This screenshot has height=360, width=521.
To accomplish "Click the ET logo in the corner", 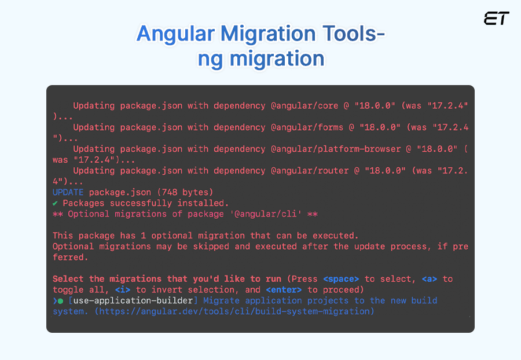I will coord(496,19).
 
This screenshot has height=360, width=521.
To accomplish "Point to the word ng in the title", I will coord(210,59).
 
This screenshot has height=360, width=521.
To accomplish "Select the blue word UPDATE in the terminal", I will coord(68,192).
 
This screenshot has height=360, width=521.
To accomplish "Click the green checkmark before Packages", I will coord(55,203).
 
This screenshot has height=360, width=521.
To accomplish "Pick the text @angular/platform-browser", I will coord(336,149).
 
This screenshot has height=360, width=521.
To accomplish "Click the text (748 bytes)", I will coord(180,192).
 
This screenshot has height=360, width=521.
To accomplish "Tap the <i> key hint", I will coord(123,289).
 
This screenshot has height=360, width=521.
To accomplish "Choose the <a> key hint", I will coord(429,279).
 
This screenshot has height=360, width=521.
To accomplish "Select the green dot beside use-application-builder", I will coord(60,301).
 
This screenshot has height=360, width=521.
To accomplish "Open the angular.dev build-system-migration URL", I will coord(234,311).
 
